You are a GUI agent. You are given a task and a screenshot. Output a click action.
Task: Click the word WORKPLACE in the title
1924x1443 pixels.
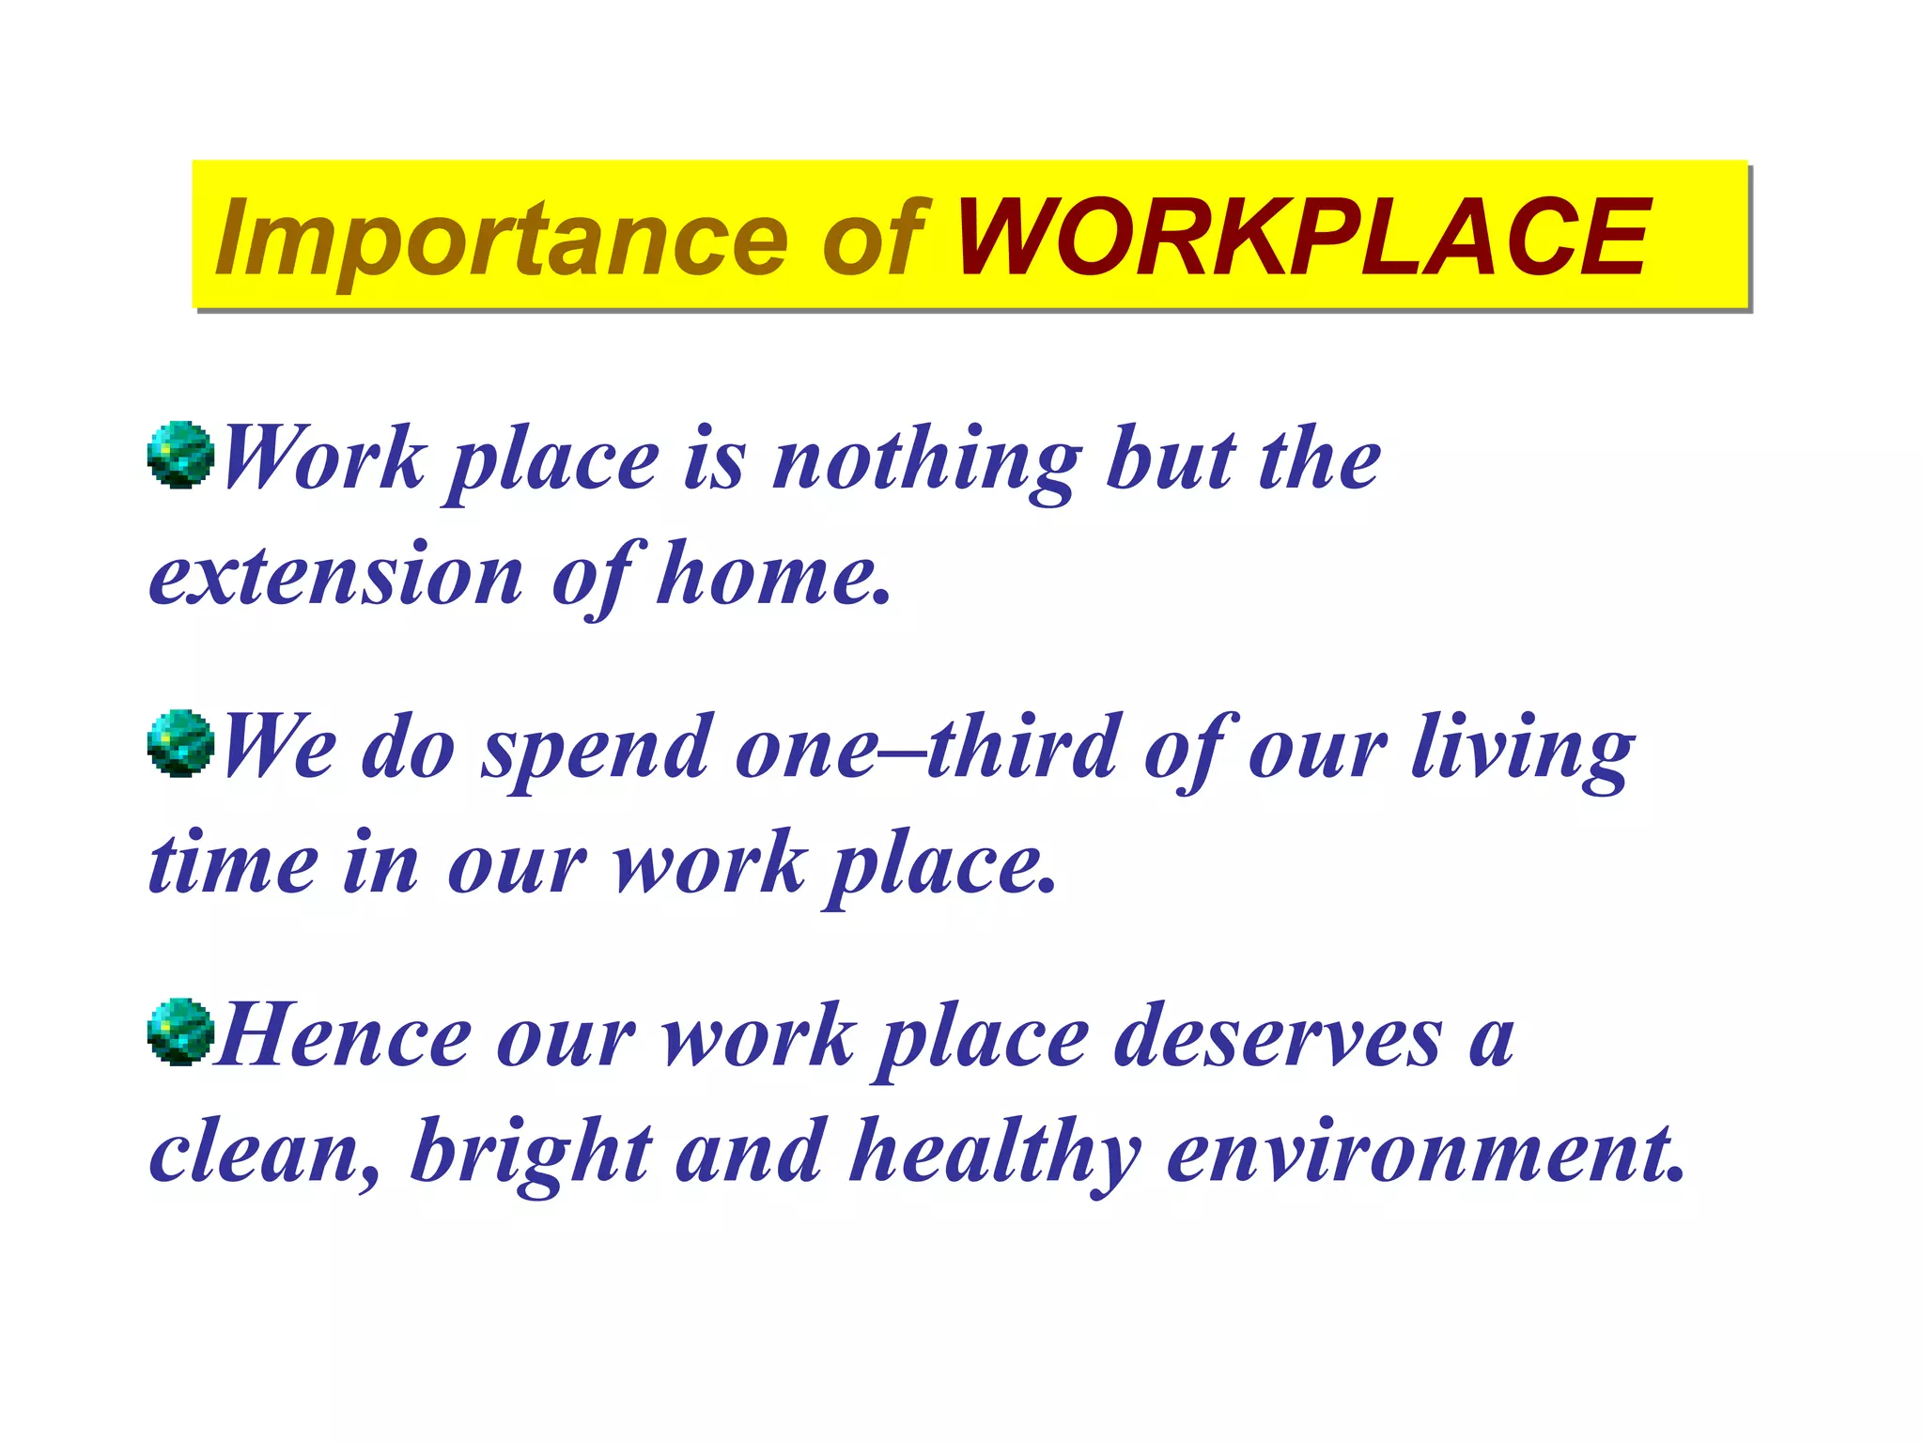click(x=1301, y=238)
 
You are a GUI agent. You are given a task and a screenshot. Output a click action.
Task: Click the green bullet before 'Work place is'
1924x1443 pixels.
click(x=180, y=455)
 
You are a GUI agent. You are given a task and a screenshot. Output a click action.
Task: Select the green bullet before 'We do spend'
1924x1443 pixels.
click(x=180, y=743)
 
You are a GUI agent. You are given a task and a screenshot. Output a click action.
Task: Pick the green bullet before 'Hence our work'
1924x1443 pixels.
click(x=180, y=1032)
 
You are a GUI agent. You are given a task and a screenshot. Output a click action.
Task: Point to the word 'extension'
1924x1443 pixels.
click(x=335, y=574)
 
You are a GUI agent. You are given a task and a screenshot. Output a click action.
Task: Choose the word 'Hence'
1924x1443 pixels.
click(x=343, y=1037)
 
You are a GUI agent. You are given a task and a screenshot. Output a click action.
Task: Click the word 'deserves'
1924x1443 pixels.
click(x=1278, y=1037)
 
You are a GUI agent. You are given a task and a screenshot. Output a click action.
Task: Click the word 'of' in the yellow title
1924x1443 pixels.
click(x=874, y=238)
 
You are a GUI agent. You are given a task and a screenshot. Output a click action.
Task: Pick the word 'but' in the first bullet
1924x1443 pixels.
click(x=1171, y=460)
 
